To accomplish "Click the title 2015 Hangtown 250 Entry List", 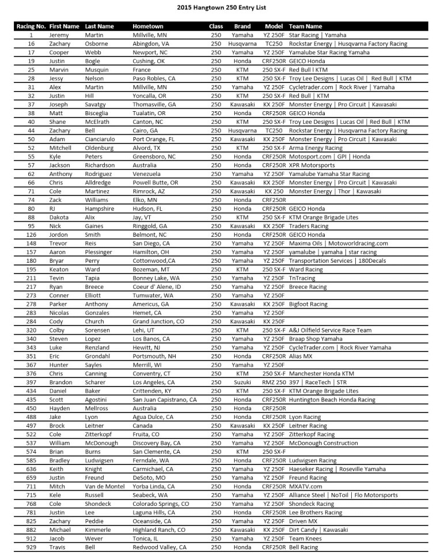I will coord(224,8).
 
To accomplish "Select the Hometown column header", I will coord(148,27).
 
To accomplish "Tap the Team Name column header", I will coord(305,27).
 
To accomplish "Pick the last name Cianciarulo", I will coord(103,139).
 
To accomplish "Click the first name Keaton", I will coord(59,270).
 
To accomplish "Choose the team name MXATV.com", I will coord(306,486).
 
